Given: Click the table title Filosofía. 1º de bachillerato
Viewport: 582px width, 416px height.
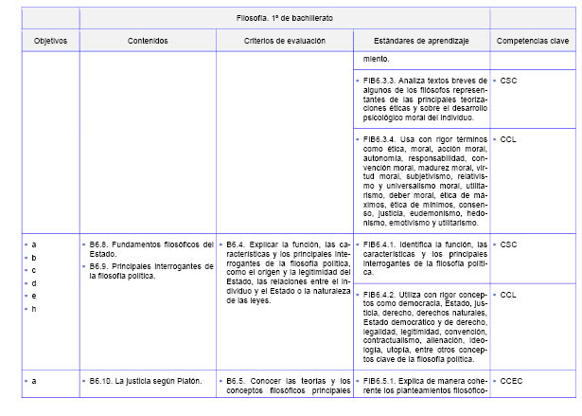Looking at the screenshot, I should (x=284, y=18).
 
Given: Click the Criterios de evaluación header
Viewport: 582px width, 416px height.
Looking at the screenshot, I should (x=284, y=42).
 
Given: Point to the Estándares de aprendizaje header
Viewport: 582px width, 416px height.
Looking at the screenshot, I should (x=420, y=42).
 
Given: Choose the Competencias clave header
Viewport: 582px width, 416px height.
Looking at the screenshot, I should (x=532, y=42).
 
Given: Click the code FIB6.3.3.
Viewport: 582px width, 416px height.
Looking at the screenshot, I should (x=382, y=81).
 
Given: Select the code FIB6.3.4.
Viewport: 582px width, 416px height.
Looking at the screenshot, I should (x=382, y=139).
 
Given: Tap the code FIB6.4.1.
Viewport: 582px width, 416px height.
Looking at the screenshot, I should (x=382, y=244).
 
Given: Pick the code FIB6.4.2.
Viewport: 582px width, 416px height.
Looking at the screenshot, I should (x=382, y=295).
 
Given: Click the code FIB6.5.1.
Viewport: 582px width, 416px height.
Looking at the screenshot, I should (x=382, y=381).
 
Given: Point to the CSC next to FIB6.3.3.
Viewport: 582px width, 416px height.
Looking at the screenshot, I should (x=508, y=81).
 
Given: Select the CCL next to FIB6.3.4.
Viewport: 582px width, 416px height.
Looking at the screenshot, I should (x=508, y=139).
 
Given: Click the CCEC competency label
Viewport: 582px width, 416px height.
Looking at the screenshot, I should (x=511, y=381).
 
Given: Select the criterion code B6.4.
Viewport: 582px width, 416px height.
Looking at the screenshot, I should (x=237, y=244).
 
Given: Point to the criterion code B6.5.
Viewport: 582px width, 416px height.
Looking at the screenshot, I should (x=237, y=381).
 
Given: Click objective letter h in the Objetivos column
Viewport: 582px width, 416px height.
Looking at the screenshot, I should (x=34, y=309).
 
